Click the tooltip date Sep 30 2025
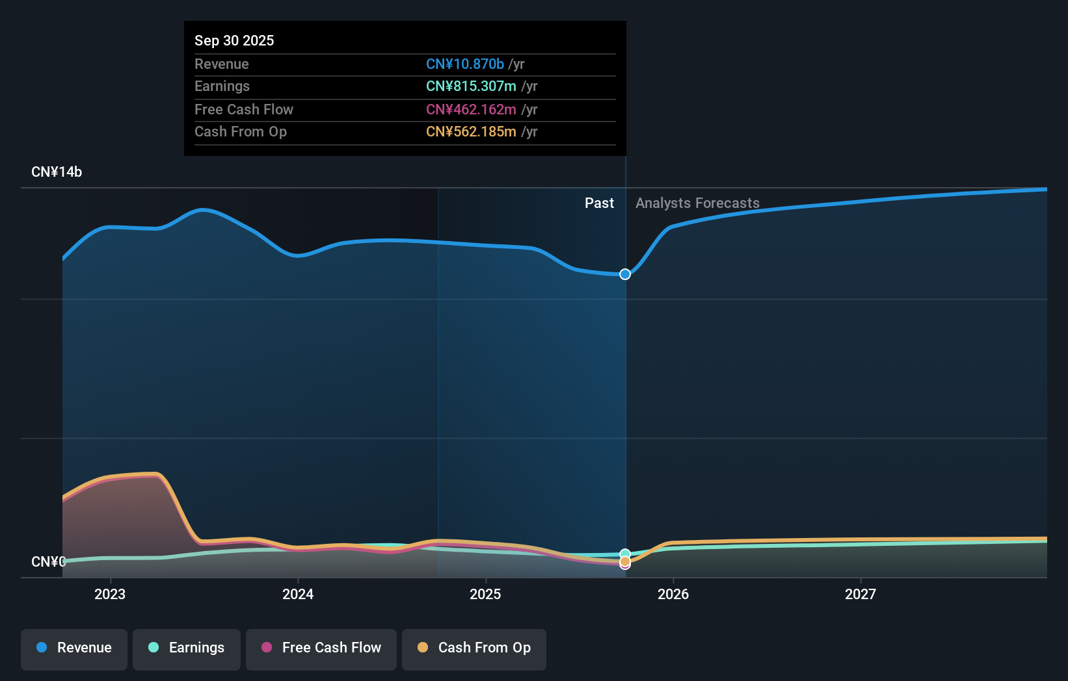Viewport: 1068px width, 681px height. [x=234, y=40]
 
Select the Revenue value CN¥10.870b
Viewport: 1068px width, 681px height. [x=464, y=64]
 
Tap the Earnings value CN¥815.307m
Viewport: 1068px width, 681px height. [x=471, y=86]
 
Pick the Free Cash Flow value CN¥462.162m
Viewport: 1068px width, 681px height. [x=471, y=109]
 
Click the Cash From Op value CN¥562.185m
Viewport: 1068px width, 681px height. [x=471, y=131]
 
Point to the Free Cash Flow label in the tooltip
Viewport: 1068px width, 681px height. [x=244, y=109]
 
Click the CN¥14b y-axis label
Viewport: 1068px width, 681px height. [x=57, y=172]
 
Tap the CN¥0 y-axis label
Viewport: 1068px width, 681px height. [x=48, y=561]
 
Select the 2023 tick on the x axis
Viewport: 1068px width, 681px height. [x=110, y=594]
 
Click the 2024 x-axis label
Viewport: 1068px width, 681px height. [x=298, y=594]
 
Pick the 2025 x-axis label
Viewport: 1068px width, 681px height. [x=485, y=594]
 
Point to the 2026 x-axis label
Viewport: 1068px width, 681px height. [x=673, y=594]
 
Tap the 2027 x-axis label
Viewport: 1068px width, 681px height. [x=861, y=594]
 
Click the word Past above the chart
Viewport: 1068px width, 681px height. [x=599, y=203]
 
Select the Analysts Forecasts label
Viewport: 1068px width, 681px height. [x=697, y=203]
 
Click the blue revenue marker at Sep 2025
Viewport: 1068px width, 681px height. [x=625, y=274]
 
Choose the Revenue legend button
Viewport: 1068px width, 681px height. [x=74, y=648]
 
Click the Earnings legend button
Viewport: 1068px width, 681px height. [x=187, y=648]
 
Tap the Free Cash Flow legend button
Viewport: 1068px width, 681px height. [x=321, y=648]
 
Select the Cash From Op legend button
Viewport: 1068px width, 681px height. [x=474, y=648]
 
